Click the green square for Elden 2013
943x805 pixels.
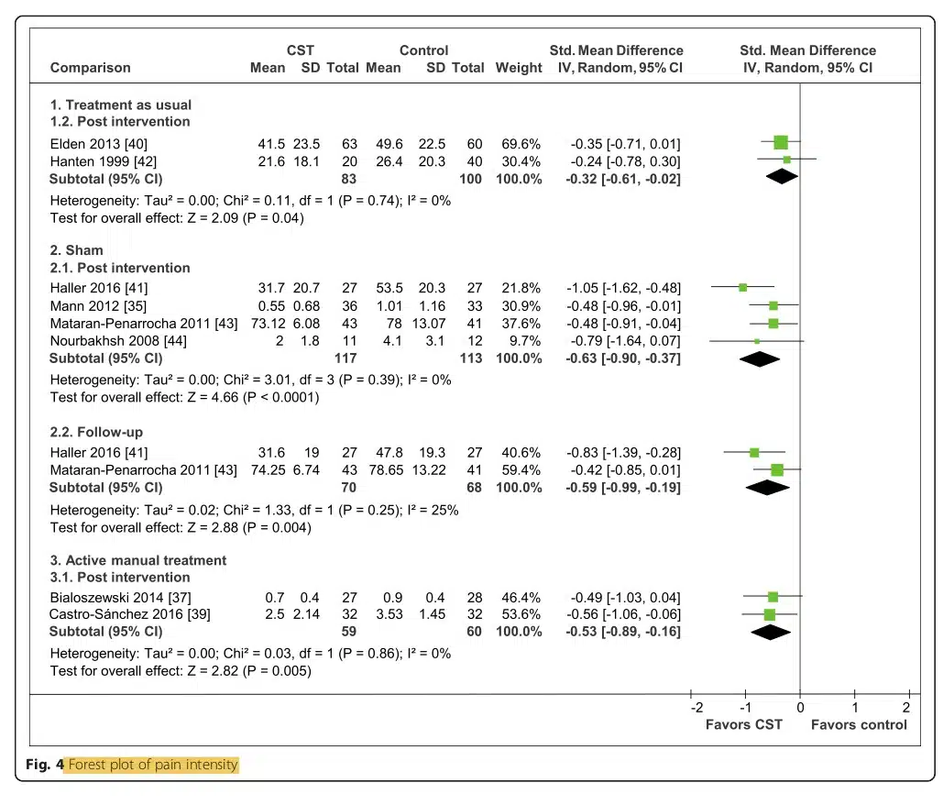(781, 143)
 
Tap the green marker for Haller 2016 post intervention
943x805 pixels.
(742, 288)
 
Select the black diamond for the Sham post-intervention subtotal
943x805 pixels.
(760, 359)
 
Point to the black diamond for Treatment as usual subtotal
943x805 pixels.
(782, 177)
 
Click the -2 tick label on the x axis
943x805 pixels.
(696, 708)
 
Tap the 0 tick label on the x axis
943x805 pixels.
(800, 708)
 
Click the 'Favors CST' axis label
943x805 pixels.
(744, 724)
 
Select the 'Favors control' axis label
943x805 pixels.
(859, 724)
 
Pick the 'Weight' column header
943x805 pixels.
(519, 68)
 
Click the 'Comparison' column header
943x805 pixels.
(90, 67)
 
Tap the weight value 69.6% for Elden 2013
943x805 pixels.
(521, 144)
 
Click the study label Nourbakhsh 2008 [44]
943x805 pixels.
(118, 341)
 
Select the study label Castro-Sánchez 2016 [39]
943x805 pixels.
(130, 614)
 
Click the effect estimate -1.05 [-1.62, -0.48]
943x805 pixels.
(624, 288)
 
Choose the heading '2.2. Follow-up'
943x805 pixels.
(96, 432)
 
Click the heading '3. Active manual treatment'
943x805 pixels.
(138, 560)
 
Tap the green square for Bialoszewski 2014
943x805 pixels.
(773, 597)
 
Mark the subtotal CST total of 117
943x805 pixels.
(345, 358)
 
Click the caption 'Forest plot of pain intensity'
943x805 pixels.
(153, 765)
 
